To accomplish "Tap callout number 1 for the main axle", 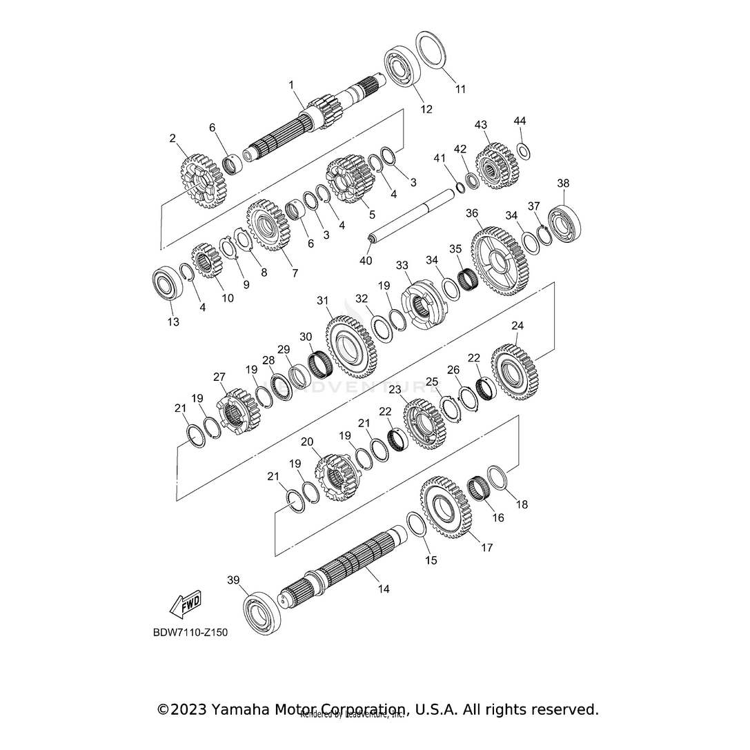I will [x=291, y=85].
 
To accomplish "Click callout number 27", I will [x=219, y=377].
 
